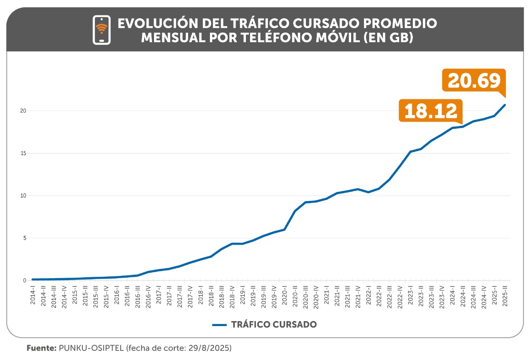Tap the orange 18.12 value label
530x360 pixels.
click(431, 110)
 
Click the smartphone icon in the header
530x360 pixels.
click(101, 30)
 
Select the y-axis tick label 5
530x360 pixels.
click(24, 238)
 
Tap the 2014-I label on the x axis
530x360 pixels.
click(33, 295)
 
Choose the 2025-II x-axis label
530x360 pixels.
click(505, 295)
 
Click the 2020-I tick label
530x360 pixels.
click(284, 295)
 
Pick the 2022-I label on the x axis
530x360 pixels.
click(369, 295)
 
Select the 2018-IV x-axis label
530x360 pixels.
click(232, 295)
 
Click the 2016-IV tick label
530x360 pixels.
click(148, 295)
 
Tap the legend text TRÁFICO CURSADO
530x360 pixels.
click(274, 325)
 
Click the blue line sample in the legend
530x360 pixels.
click(219, 325)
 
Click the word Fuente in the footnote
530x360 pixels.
click(41, 348)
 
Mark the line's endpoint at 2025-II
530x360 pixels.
click(505, 105)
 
